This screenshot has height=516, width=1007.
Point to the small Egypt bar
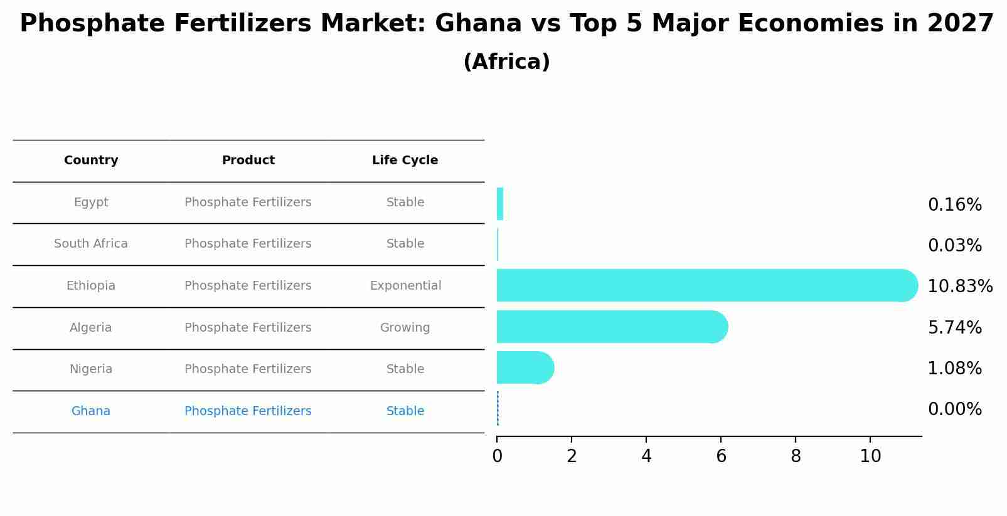[500, 204]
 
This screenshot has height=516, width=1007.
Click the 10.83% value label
[959, 287]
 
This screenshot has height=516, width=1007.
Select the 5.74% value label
[954, 327]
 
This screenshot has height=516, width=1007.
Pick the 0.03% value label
[954, 246]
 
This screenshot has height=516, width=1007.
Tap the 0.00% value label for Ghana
[954, 409]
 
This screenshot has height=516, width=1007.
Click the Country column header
[91, 161]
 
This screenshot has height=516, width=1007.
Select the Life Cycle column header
[405, 161]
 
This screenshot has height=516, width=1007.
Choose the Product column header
[248, 161]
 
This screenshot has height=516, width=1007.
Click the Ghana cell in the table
[91, 411]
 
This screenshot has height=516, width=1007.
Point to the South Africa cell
[91, 244]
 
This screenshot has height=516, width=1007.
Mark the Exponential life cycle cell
[405, 286]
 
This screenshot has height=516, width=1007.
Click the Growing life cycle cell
[405, 328]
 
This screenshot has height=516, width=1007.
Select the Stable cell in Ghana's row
[405, 411]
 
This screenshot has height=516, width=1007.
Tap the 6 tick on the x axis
[721, 456]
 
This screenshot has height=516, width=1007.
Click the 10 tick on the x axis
[870, 456]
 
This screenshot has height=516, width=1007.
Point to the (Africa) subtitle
[506, 62]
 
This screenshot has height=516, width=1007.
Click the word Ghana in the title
[477, 24]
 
